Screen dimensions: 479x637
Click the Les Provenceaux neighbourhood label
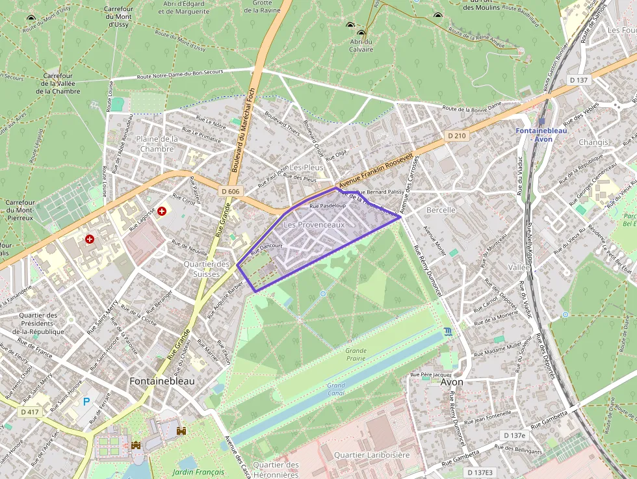click(x=314, y=224)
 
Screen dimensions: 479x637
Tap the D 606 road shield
click(x=230, y=191)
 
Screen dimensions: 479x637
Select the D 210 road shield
click(x=457, y=135)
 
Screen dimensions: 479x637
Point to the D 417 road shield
click(x=30, y=411)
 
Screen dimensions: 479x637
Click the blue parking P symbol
click(x=86, y=402)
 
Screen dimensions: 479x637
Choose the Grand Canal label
click(x=336, y=389)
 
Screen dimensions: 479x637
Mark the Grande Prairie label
click(x=356, y=354)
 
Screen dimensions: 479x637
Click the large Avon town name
click(x=452, y=382)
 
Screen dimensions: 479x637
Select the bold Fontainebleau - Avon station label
click(x=541, y=135)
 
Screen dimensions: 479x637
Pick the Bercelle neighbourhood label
click(x=441, y=211)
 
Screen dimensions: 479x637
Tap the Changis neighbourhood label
click(x=593, y=142)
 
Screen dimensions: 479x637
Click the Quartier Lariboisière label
click(x=372, y=455)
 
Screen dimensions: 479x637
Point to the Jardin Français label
click(x=198, y=472)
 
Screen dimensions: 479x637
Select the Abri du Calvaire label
click(x=361, y=45)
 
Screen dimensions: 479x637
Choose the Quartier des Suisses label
click(x=207, y=268)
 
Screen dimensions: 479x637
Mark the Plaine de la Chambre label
click(x=156, y=144)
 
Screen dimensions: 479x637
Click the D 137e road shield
click(x=514, y=435)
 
